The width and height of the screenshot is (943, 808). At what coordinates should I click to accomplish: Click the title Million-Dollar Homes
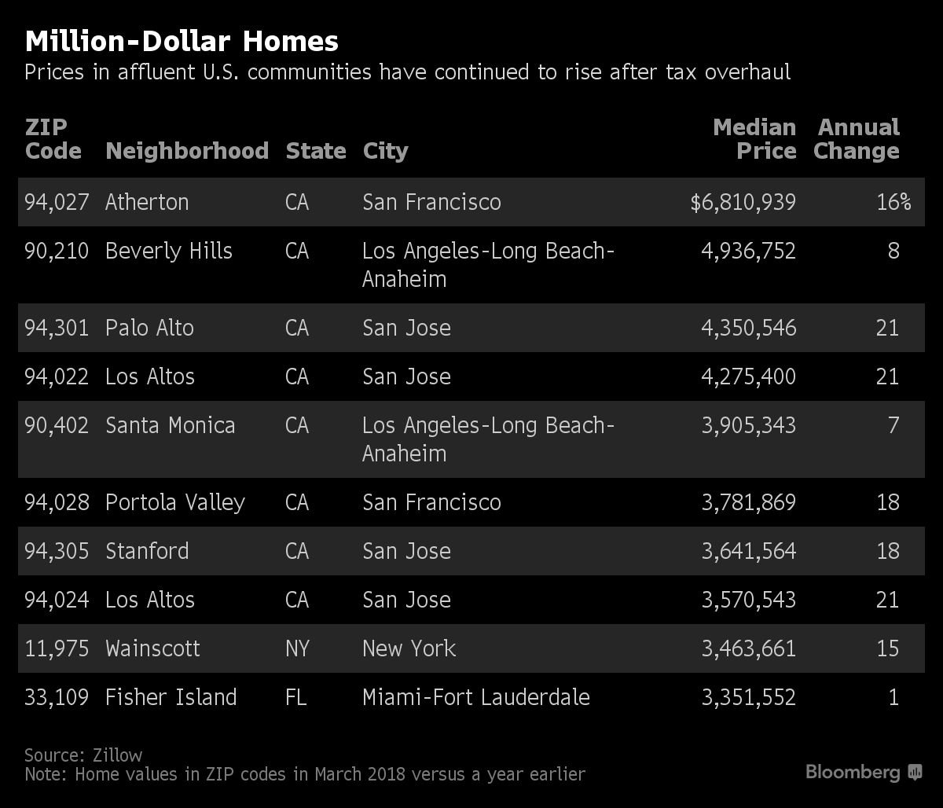[x=182, y=41]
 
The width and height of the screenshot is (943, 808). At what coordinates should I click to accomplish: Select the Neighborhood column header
[x=187, y=151]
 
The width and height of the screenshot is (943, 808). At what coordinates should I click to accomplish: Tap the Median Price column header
[x=754, y=139]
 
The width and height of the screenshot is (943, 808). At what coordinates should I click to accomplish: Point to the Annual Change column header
[x=857, y=139]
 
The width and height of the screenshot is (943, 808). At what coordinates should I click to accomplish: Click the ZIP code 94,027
[x=57, y=202]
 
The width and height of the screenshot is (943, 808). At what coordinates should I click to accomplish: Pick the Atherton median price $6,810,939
[x=743, y=202]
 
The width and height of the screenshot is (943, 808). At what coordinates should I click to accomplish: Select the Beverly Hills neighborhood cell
[x=169, y=251]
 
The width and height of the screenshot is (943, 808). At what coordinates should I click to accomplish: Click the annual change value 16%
[x=893, y=202]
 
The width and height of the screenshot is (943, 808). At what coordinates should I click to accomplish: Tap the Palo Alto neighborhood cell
[x=149, y=328]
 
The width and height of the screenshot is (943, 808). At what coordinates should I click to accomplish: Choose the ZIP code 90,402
[x=57, y=425]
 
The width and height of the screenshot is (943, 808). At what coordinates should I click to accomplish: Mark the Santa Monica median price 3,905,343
[x=748, y=425]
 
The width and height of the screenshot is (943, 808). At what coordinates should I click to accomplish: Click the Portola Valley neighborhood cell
[x=175, y=502]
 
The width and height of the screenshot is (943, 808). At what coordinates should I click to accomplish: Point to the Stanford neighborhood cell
[x=147, y=551]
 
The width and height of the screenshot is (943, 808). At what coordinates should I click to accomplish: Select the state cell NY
[x=297, y=648]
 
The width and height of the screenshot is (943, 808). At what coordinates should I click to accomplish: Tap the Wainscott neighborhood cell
[x=152, y=648]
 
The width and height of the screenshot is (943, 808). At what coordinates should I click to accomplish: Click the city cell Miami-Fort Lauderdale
[x=475, y=697]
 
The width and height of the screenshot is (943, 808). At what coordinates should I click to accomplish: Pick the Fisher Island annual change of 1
[x=893, y=697]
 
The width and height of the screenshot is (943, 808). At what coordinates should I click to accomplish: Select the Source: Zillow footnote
[x=83, y=755]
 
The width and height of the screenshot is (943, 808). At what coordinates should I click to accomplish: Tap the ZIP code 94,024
[x=57, y=600]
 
